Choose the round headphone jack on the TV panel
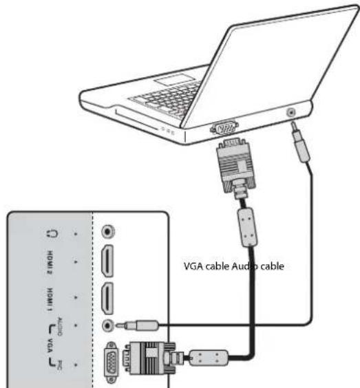108,233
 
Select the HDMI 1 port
108,298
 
